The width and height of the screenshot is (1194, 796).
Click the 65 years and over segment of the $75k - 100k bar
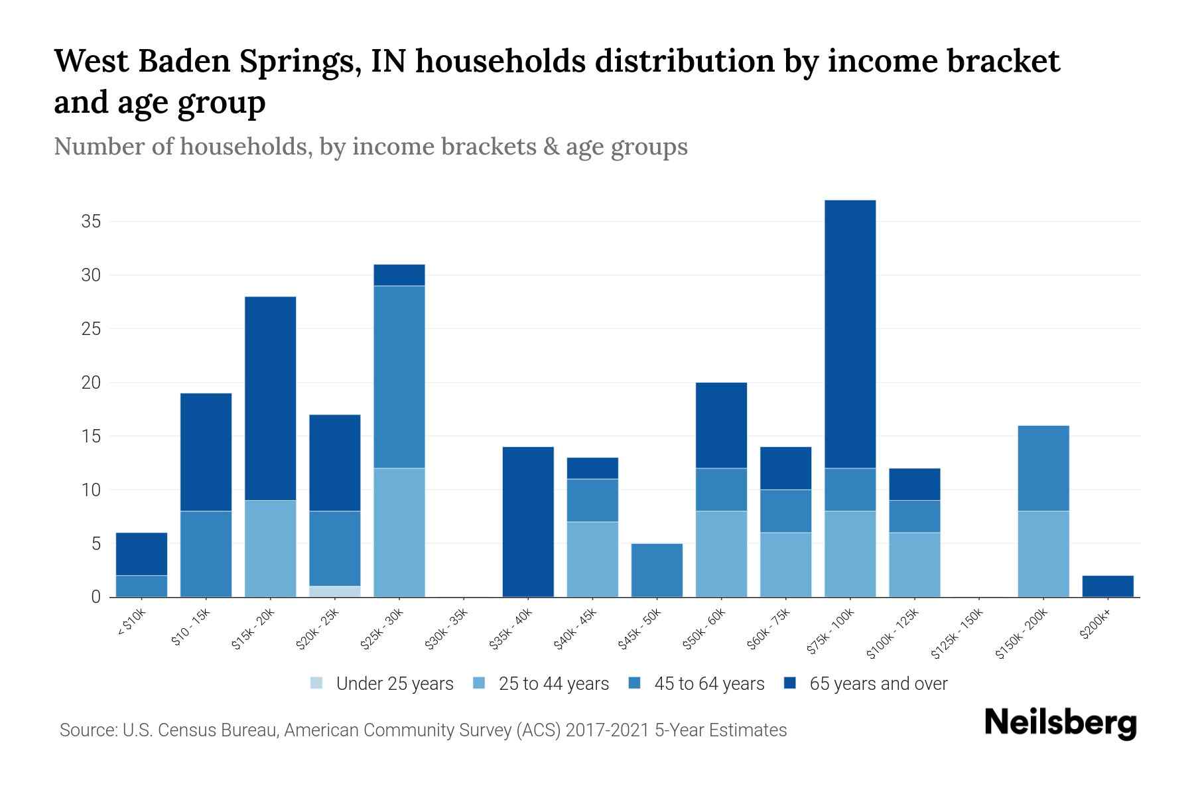pyautogui.click(x=850, y=334)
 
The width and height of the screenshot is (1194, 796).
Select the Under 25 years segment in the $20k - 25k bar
pyautogui.click(x=334, y=591)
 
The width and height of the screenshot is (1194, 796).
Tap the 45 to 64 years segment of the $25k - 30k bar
pyautogui.click(x=399, y=377)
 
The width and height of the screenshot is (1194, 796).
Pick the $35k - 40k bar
pyautogui.click(x=528, y=522)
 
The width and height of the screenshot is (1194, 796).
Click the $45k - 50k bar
pyautogui.click(x=657, y=570)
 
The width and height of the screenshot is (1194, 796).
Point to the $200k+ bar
pyautogui.click(x=1107, y=586)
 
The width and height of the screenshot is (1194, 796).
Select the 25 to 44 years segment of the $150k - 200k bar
pyautogui.click(x=1043, y=554)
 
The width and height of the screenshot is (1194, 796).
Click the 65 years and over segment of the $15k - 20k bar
pyautogui.click(x=270, y=398)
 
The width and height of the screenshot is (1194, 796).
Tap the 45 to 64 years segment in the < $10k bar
pyautogui.click(x=141, y=586)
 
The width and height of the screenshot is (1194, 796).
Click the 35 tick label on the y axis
pyautogui.click(x=91, y=222)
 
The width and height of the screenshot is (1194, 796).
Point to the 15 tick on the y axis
pyautogui.click(x=91, y=436)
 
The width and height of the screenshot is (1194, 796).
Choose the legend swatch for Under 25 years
pyautogui.click(x=317, y=683)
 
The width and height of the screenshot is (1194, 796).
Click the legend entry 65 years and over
pyautogui.click(x=878, y=684)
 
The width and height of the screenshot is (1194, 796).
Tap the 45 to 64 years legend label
pyautogui.click(x=708, y=684)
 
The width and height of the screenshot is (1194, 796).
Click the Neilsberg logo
pyautogui.click(x=1060, y=723)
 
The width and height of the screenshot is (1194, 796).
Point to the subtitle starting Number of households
pyautogui.click(x=370, y=147)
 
